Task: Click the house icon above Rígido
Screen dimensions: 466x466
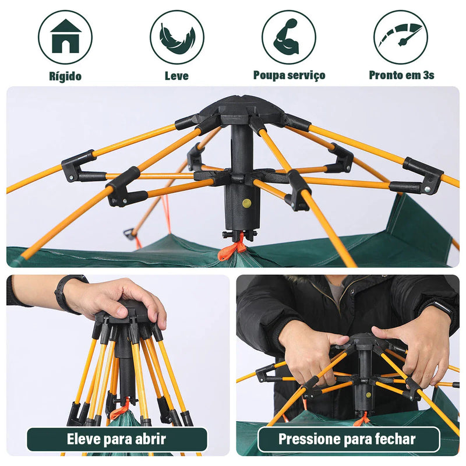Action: click(65, 37)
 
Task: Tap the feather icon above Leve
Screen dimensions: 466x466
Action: click(177, 37)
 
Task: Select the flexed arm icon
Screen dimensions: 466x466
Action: click(288, 37)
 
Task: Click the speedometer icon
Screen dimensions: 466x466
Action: click(400, 37)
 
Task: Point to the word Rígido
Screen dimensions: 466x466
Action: click(65, 76)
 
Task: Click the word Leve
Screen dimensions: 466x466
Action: click(176, 76)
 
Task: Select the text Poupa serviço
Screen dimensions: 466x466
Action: click(289, 75)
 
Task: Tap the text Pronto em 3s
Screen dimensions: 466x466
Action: click(401, 75)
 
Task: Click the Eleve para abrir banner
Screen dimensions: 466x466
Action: click(117, 439)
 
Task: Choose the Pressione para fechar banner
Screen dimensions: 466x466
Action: click(348, 439)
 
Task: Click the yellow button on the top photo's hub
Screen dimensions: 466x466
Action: click(246, 203)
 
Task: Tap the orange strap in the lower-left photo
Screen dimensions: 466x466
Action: click(120, 408)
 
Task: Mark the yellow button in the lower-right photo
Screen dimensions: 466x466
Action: click(368, 394)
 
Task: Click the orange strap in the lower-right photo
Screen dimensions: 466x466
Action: click(362, 418)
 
